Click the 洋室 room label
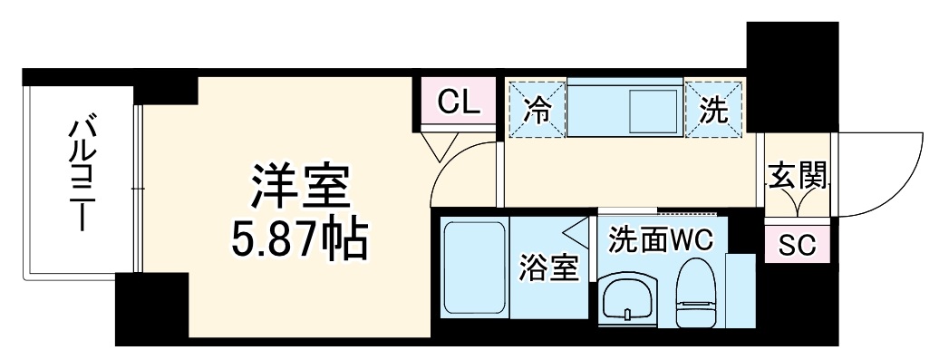coord(299,189)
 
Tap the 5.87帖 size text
coord(299,241)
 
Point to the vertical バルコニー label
coord(83,175)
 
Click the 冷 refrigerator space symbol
coord(537,109)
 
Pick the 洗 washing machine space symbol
coord(713,109)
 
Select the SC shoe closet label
coord(798,245)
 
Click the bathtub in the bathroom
coord(475,268)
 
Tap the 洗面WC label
coord(661,240)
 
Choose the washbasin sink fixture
coord(628,299)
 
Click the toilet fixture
coord(695,292)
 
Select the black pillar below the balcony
coord(152,309)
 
